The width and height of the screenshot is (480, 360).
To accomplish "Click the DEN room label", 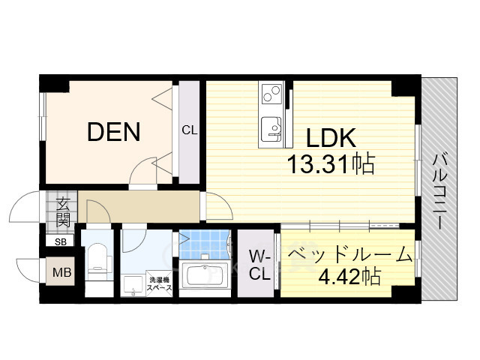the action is pos(114,132).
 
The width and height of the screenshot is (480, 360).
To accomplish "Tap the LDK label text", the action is pos(331,138).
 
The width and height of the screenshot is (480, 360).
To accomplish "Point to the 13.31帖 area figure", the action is pos(331,163).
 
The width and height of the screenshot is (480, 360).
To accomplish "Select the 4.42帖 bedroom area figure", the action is pos(349,277).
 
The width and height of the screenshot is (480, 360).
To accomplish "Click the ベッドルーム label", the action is pos(349,255).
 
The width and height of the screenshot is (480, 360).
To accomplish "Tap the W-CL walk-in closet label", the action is pos(259,265).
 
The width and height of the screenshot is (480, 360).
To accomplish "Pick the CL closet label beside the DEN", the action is pos(190,130).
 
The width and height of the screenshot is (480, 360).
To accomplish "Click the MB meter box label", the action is pos(61,271).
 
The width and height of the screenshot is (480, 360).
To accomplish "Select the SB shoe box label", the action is pos(61,241).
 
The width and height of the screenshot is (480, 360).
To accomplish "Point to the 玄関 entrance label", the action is pos(63,212).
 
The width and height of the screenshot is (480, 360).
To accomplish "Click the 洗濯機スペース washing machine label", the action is pos(159,283).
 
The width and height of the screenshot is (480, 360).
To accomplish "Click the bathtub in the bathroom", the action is pos(205,275).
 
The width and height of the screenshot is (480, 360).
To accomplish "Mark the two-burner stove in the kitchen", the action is pos(271,94).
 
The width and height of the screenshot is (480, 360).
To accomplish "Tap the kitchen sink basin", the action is pos(271,130).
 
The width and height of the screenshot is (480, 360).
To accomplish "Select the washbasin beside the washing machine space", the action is pos(132,285).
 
